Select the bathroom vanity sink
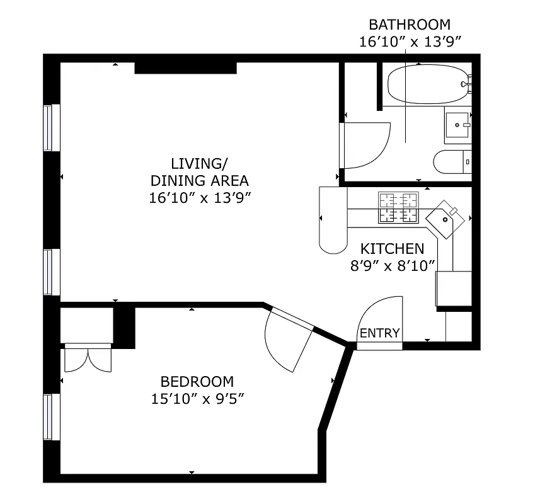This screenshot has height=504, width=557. pos(457,125)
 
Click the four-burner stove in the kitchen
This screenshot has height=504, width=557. pos(398,207)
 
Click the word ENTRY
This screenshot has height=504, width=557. pos(379,333)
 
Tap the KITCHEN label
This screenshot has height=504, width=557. pos(392,248)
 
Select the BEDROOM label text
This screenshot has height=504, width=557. pos(197,381)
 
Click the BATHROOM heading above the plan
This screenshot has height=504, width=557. pos(410,25)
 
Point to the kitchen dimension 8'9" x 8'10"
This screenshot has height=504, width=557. pos(393,265)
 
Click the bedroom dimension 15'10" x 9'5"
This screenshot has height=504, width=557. pos(197,398)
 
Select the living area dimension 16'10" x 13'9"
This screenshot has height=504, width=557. pos(200,197)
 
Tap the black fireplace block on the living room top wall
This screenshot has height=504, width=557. pos(185,67)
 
